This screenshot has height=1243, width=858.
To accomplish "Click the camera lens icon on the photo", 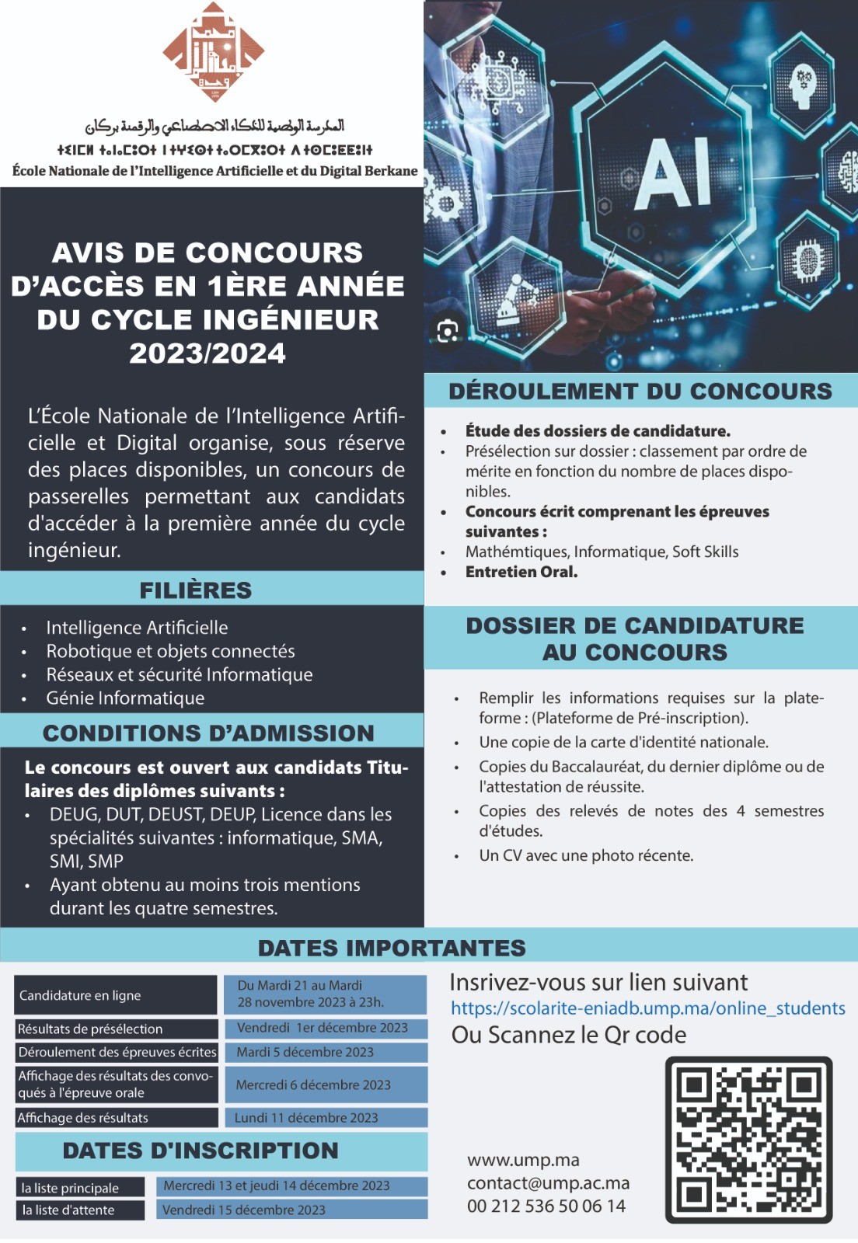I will (x=448, y=331).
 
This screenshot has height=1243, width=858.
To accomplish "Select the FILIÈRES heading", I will (x=196, y=590).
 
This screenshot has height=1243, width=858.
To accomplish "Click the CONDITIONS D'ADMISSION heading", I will (x=208, y=733).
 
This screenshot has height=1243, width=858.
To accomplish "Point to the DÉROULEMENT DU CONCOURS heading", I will (x=640, y=391).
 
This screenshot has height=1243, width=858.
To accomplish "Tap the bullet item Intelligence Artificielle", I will (x=137, y=628).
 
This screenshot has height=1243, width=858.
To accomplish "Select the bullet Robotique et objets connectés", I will (x=170, y=651).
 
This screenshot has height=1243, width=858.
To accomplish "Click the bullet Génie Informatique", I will (x=125, y=698).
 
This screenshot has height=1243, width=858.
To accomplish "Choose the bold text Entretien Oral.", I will (x=521, y=572).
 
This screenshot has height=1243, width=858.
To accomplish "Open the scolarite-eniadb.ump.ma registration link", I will (x=648, y=1008).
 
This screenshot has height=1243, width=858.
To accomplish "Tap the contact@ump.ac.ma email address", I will (x=548, y=1183).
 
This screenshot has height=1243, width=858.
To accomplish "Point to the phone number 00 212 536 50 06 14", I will (x=546, y=1206).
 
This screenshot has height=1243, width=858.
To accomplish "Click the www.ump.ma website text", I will (x=523, y=1160).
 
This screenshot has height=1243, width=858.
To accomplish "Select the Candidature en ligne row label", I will (x=81, y=995).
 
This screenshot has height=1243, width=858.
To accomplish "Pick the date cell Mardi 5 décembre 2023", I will (x=305, y=1052).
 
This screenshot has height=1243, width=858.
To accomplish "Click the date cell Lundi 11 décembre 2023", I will (x=306, y=1118).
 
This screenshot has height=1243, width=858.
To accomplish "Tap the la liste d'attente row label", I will (x=68, y=1210).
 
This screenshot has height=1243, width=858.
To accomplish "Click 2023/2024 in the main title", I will (x=208, y=353).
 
